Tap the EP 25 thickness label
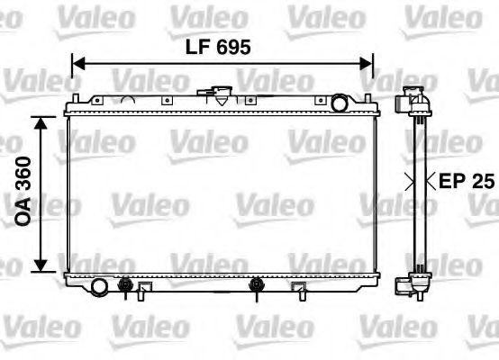pyautogui.click(x=467, y=180)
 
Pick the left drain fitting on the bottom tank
pyautogui.click(x=125, y=288)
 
